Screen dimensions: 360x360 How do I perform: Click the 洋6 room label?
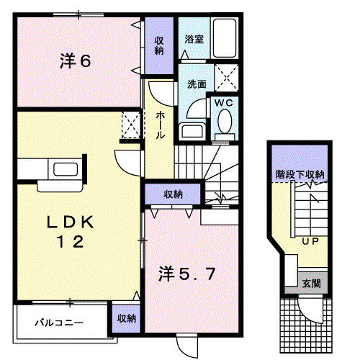74,62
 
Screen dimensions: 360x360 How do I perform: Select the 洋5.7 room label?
186,274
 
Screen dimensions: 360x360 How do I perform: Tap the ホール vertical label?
160,127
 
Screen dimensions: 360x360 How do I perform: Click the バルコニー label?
60,323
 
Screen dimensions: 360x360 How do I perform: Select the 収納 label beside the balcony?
127,318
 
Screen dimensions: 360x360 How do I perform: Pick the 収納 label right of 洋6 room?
159,45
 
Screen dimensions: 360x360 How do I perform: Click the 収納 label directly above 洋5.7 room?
172,194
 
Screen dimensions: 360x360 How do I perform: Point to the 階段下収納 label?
300,174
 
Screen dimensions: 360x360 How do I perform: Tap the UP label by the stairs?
310,240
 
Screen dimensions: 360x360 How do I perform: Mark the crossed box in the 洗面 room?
228,75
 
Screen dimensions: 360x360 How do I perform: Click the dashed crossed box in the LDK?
130,124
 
